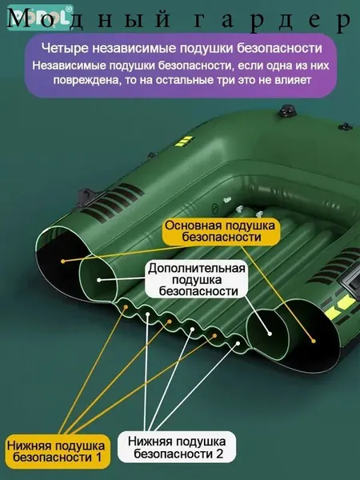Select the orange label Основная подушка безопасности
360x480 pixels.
point(221,231)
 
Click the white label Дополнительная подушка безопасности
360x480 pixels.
point(197,279)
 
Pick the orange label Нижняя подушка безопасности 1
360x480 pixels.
point(57,451)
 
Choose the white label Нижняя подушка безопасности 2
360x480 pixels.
point(177,447)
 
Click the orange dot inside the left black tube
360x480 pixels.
point(63,261)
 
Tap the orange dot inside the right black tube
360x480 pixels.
point(313,341)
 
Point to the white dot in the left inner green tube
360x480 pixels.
point(99,280)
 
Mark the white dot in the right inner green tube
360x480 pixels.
point(270,334)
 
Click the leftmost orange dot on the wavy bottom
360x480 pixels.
point(126,306)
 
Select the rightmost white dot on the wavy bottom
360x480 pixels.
point(238,343)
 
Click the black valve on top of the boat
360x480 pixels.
point(287,111)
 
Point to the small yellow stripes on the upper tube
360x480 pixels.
point(184,142)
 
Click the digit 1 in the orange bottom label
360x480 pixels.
point(98,458)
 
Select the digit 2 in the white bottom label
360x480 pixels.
point(219,454)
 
